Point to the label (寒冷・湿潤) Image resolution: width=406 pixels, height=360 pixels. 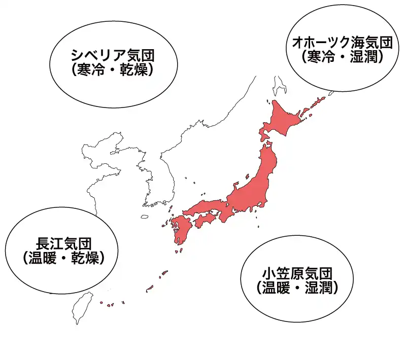[x=340, y=57]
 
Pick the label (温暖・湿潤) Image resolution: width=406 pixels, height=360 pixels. [x=297, y=287]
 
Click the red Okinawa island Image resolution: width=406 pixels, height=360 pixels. [x=150, y=290]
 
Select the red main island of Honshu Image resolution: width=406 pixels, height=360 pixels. [x=254, y=188]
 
